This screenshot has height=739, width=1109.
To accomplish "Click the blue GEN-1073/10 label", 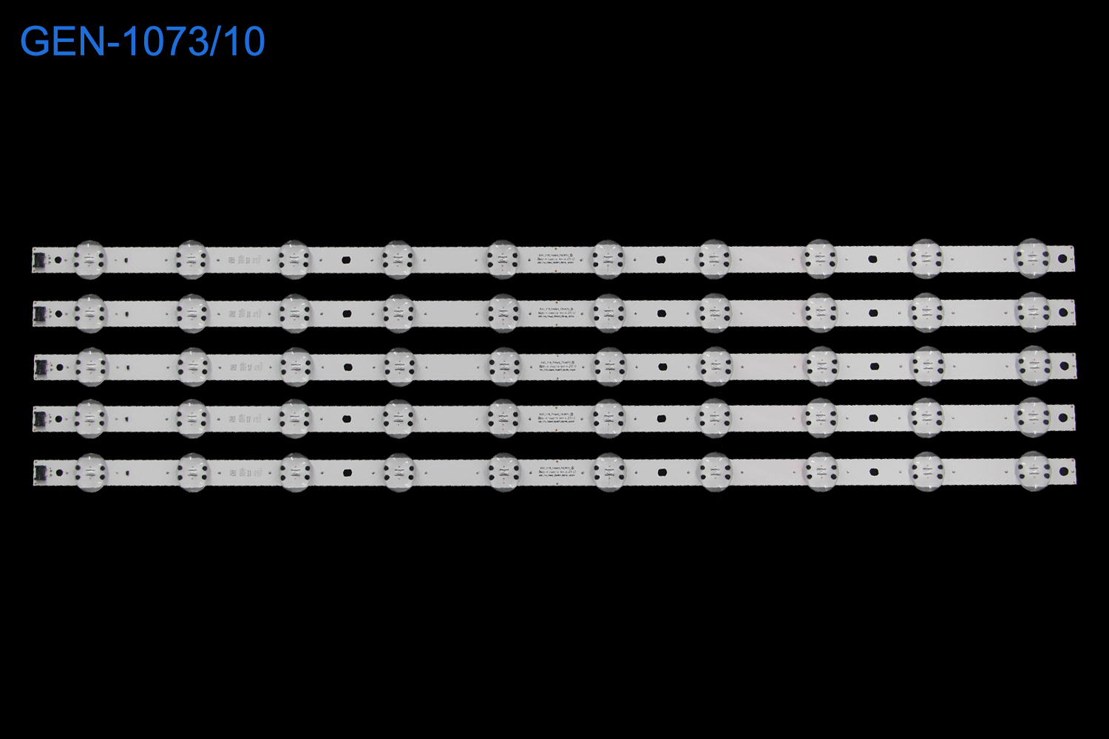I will click(142, 42).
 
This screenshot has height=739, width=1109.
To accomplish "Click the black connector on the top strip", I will click(38, 259).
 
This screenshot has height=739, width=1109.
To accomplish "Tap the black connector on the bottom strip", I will click(39, 471).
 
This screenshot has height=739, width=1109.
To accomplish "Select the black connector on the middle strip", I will click(39, 366).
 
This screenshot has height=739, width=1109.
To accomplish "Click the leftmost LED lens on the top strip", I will click(89, 259).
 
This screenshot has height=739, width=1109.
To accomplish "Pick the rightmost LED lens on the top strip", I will click(1032, 259).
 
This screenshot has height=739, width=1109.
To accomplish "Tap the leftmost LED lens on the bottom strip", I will click(91, 471).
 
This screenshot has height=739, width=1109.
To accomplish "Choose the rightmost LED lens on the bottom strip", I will click(1034, 471).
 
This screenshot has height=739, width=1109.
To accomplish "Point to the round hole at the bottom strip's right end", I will click(1064, 471).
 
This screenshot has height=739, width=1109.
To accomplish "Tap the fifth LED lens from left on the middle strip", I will click(503, 366).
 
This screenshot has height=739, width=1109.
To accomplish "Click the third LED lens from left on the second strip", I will click(295, 313).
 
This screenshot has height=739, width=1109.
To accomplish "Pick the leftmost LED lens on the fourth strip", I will click(90, 419).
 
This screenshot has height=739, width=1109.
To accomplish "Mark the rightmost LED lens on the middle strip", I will click(1034, 366).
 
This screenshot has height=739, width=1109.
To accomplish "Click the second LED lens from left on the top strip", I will click(191, 259).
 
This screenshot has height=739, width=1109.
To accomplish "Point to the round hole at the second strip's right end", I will click(1063, 313).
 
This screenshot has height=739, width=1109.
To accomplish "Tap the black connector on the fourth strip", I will click(39, 419).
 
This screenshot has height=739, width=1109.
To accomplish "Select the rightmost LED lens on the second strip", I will click(1033, 313).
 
